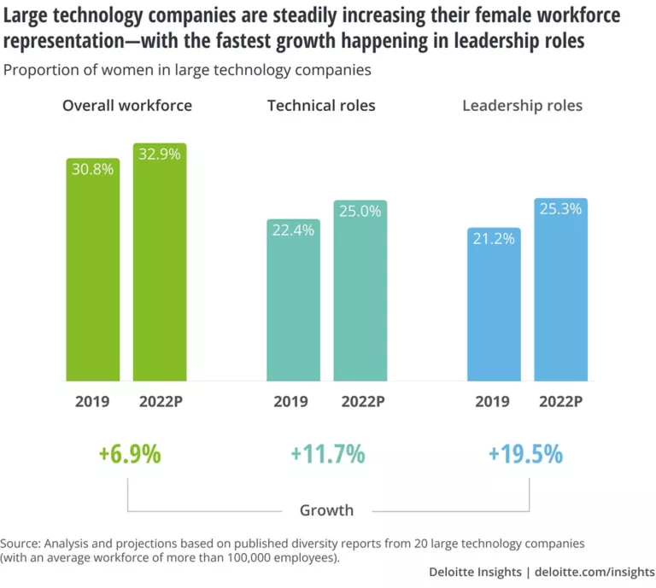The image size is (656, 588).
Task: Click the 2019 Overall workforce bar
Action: click(x=93, y=273)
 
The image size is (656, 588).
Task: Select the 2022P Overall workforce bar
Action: click(x=160, y=265)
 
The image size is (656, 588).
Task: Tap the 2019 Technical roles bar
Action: click(x=293, y=303)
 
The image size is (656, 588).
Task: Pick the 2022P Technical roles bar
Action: click(x=360, y=294)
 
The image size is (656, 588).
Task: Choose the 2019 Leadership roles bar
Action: click(x=494, y=307)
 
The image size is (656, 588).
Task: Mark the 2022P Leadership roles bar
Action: click(x=560, y=294)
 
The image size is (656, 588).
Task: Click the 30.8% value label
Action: click(x=93, y=169)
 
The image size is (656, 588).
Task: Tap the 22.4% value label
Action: click(x=293, y=230)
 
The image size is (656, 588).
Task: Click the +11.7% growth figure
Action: click(x=327, y=454)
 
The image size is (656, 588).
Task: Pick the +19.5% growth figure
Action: click(x=525, y=454)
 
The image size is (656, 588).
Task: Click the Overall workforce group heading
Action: click(x=127, y=106)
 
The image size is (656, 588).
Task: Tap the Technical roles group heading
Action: click(x=321, y=106)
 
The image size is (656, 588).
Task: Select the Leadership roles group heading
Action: click(x=522, y=106)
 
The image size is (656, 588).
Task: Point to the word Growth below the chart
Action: click(x=326, y=510)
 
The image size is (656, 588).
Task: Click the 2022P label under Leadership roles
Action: click(x=560, y=401)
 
